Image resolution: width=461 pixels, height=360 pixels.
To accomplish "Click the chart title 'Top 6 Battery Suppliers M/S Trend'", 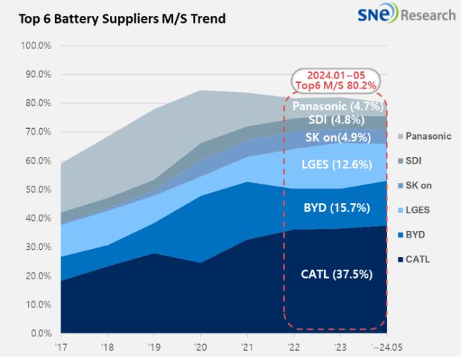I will pyautogui.click(x=118, y=17).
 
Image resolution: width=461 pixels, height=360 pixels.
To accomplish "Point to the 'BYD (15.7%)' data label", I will pyautogui.click(x=336, y=208).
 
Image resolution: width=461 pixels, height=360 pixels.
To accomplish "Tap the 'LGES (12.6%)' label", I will pyautogui.click(x=336, y=164).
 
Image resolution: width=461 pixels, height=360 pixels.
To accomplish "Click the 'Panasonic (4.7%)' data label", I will pyautogui.click(x=336, y=107).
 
